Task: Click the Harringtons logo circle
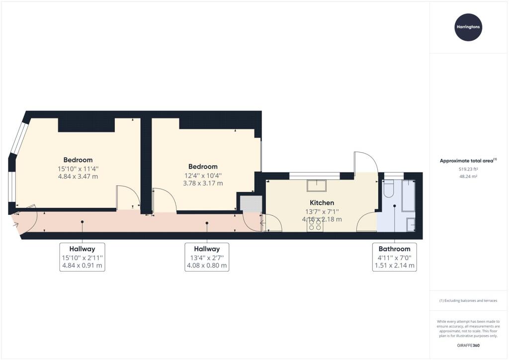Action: (468, 27)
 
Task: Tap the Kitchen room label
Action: (322, 203)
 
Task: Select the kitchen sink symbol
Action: (316, 185)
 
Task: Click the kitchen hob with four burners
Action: (316, 226)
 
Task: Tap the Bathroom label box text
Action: (395, 249)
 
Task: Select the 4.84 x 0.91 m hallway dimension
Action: (83, 266)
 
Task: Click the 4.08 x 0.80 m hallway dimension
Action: (207, 266)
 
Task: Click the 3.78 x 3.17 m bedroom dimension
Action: (203, 183)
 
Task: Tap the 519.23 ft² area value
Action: (468, 169)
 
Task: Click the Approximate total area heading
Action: (468, 161)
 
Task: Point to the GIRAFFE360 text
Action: (468, 345)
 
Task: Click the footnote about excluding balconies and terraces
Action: (468, 301)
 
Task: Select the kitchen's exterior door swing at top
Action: (366, 162)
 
